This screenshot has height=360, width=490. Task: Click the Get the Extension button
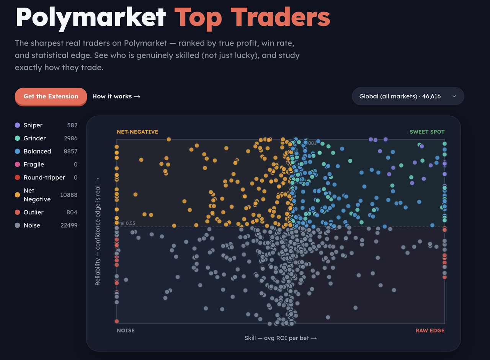[51, 96]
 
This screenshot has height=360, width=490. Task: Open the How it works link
[116, 96]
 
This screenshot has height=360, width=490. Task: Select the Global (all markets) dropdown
[408, 96]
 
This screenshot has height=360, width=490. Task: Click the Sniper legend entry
[33, 125]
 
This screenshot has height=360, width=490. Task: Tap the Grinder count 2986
[71, 138]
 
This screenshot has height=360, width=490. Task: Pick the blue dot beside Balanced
[18, 151]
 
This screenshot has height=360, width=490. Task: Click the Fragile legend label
[34, 165]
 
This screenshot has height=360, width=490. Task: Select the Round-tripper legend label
[44, 178]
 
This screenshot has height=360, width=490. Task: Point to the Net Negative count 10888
[69, 195]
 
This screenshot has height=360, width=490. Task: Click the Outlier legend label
[33, 212]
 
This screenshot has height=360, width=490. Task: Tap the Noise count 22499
[69, 225]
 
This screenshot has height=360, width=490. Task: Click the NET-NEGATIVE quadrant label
[137, 132]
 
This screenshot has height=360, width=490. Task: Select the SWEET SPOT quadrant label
[427, 132]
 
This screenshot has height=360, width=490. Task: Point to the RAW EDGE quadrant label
[430, 331]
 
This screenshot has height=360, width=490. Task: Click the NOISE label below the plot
[126, 331]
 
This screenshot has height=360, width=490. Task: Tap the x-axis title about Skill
[281, 338]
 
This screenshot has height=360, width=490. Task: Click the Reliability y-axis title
[98, 231]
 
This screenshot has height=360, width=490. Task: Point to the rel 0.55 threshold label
[127, 223]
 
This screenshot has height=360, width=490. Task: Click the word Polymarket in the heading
[91, 18]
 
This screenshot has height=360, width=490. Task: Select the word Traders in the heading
[280, 17]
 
